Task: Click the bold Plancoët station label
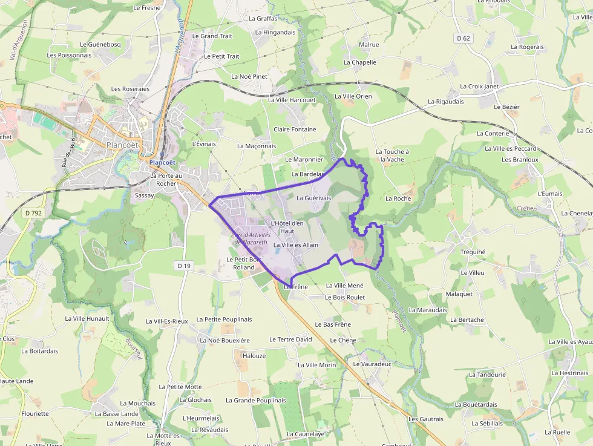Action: click(x=162, y=163)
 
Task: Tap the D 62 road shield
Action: click(x=464, y=38)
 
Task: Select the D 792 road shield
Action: click(x=33, y=213)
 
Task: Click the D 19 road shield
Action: click(x=184, y=266)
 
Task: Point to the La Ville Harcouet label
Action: click(x=292, y=100)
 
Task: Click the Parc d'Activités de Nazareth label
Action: click(x=250, y=238)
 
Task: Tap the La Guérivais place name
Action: click(x=313, y=198)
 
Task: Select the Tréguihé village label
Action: click(x=473, y=252)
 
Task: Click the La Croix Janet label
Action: click(x=479, y=87)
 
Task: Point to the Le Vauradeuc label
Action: click(x=372, y=364)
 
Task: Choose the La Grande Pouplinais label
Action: click(x=255, y=400)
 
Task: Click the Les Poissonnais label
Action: click(x=69, y=55)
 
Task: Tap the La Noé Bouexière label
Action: click(x=224, y=340)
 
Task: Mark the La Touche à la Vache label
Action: click(x=392, y=156)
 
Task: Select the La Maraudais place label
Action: click(x=428, y=310)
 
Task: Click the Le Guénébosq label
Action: click(x=100, y=44)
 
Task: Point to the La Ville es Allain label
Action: click(x=296, y=245)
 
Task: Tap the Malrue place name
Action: click(x=369, y=45)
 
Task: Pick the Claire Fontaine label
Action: click(x=295, y=130)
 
